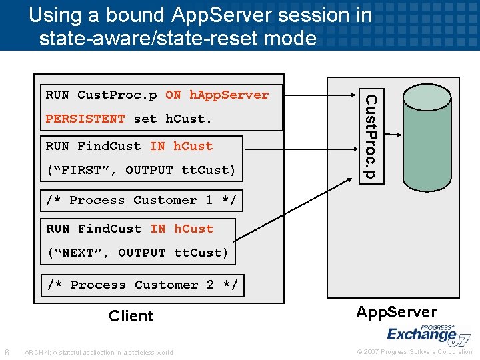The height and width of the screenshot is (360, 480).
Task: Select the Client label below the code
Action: pos(131,316)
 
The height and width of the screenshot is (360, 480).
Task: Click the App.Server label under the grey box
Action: pos(396,312)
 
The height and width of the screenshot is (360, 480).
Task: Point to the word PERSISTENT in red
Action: pos(85,119)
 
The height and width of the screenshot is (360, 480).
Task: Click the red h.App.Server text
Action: pos(229,95)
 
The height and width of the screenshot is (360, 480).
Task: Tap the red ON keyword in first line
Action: pos(173,95)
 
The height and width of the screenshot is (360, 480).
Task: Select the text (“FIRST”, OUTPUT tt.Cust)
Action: pos(141,170)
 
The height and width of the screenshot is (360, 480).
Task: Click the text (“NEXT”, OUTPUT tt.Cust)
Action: pos(137,253)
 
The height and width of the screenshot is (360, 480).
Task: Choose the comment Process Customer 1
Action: pos(141,200)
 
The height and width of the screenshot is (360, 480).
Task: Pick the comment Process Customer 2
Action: pos(142,285)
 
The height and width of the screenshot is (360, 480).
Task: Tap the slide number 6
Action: pos(7,352)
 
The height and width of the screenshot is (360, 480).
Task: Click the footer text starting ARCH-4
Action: pos(98,353)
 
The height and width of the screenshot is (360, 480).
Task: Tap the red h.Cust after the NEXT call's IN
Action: pos(193,229)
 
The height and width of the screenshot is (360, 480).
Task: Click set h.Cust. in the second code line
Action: pos(172,119)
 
